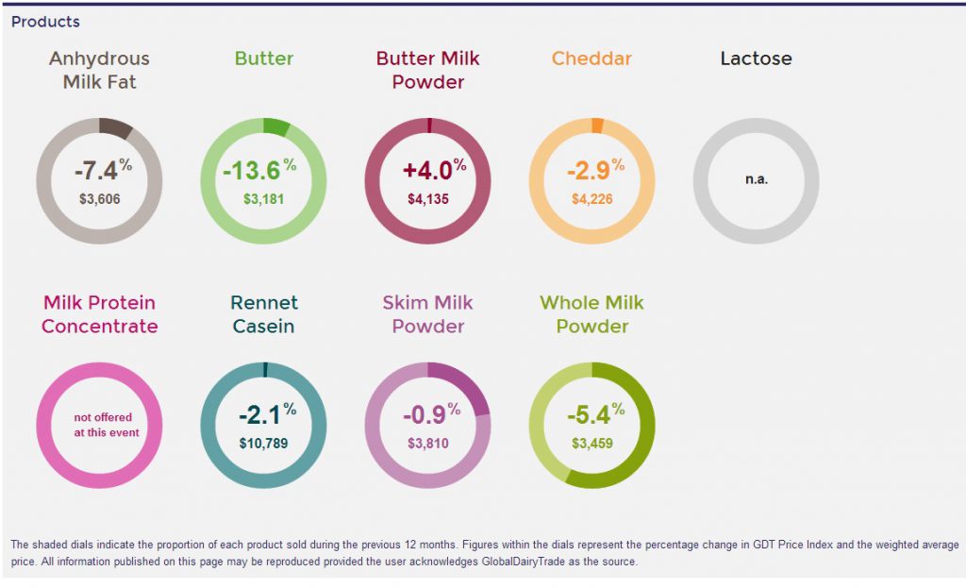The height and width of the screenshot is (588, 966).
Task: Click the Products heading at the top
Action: coord(45,22)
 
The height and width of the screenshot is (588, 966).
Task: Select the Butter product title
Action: coord(264,59)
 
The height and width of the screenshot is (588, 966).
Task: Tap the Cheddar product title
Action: coord(591,59)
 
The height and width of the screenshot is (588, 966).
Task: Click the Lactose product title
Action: coord(756,59)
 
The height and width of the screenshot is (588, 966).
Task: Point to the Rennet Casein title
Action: coord(264,314)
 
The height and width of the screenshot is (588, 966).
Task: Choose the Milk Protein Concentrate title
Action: coord(99,314)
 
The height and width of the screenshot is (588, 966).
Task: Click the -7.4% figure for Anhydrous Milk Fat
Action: coord(100,171)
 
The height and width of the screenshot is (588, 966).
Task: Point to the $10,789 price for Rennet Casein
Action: coord(263,443)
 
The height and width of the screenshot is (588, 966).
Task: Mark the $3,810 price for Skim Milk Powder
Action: coord(427,443)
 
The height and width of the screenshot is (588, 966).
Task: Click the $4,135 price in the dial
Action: coord(427,199)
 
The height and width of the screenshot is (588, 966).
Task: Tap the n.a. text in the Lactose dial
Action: coord(756,179)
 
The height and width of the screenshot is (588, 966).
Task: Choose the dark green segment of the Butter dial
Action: coord(276,126)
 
